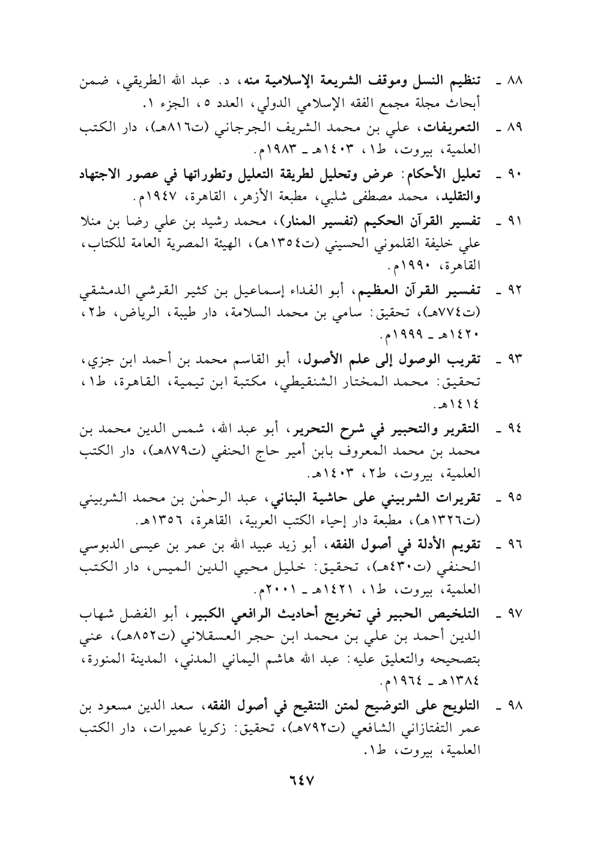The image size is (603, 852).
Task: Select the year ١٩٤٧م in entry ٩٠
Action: [149, 196]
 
